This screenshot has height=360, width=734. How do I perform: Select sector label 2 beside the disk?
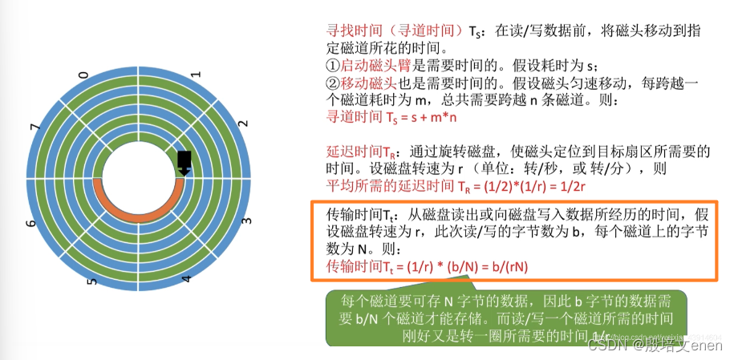(x=242, y=126)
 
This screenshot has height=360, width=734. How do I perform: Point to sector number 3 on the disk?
(x=246, y=220)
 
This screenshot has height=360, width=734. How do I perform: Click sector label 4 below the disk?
(x=187, y=280)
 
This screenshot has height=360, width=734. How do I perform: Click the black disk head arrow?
(x=185, y=162)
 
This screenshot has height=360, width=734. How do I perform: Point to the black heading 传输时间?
(x=352, y=212)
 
